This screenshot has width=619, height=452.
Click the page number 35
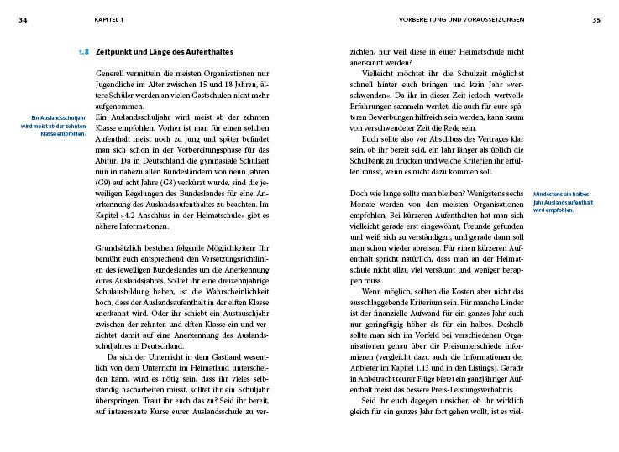pos(595,20)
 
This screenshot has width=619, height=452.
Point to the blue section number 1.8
pos(82,52)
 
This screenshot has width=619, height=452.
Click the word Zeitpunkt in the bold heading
pos(115,52)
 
